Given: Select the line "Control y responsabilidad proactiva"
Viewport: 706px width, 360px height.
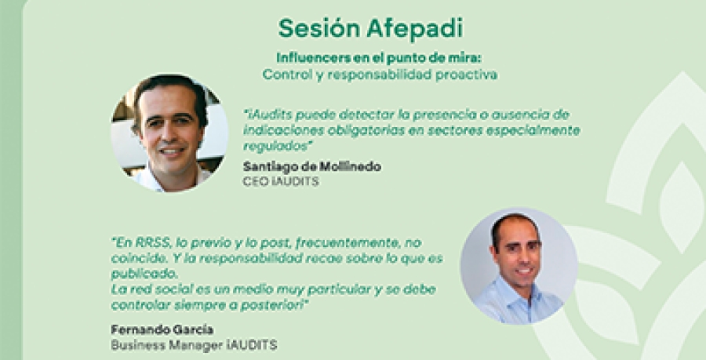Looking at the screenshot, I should (x=381, y=75).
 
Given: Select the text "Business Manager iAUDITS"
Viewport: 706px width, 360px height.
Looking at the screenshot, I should (x=183, y=344).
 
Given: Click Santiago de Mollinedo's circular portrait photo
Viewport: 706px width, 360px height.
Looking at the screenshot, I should (x=169, y=133).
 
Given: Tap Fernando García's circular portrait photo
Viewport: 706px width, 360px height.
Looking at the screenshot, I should (x=519, y=267).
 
